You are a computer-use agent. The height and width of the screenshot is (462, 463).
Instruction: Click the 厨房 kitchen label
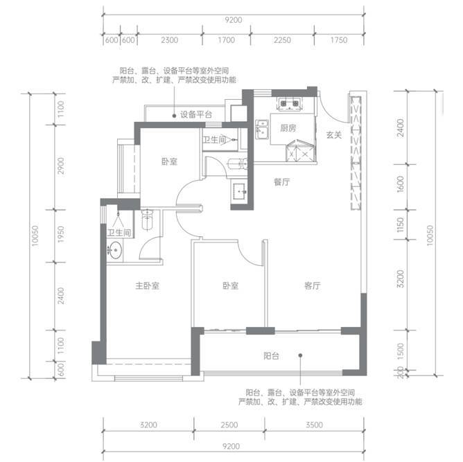[288, 128]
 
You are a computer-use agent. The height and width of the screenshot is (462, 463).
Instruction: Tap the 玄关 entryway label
[334, 135]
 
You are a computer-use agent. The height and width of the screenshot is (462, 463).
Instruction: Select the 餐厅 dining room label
[281, 182]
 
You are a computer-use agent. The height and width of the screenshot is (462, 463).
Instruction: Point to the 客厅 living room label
[313, 285]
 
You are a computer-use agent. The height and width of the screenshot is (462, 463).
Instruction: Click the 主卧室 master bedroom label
[148, 285]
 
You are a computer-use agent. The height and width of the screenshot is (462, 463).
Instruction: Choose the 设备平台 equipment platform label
[196, 114]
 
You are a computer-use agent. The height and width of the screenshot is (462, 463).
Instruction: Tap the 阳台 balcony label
[271, 356]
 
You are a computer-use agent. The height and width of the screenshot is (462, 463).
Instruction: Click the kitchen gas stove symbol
[290, 104]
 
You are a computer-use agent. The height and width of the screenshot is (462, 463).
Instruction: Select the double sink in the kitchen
[262, 129]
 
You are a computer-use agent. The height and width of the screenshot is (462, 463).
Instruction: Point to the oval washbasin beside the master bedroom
[115, 250]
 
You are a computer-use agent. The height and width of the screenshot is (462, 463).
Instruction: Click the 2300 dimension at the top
[170, 40]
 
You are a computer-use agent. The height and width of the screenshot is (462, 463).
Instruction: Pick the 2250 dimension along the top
[282, 40]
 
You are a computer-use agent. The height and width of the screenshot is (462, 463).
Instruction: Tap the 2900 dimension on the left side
[60, 166]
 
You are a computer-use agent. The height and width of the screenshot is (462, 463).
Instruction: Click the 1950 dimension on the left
[60, 235]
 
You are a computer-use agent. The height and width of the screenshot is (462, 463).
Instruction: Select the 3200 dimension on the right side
[400, 278]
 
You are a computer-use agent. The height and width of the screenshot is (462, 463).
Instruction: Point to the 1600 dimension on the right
[400, 184]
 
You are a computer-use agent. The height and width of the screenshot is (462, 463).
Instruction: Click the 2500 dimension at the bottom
[229, 425]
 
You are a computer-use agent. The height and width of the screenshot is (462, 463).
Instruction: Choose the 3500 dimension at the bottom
[314, 425]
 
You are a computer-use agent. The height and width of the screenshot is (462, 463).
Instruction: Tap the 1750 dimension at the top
[339, 40]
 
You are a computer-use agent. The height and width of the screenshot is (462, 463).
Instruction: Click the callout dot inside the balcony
[300, 355]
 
